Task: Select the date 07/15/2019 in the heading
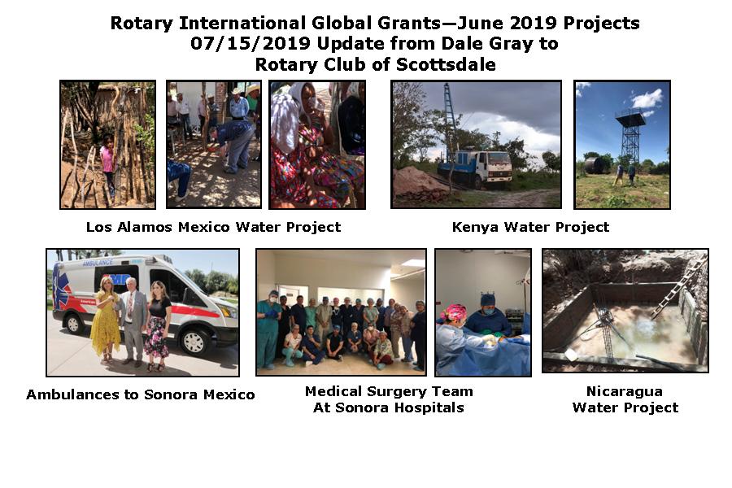pos(251,43)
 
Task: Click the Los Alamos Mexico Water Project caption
pos(213,227)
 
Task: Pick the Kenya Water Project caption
pos(530,227)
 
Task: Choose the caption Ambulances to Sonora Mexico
pos(141,394)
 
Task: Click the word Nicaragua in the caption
pos(625,391)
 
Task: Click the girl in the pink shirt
pos(108,163)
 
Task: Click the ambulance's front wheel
pos(194,342)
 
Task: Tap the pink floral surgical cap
pos(453,312)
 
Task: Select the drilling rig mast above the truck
pos(449,119)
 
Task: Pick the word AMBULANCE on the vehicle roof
pos(98,263)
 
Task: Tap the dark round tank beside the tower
pos(597,165)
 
